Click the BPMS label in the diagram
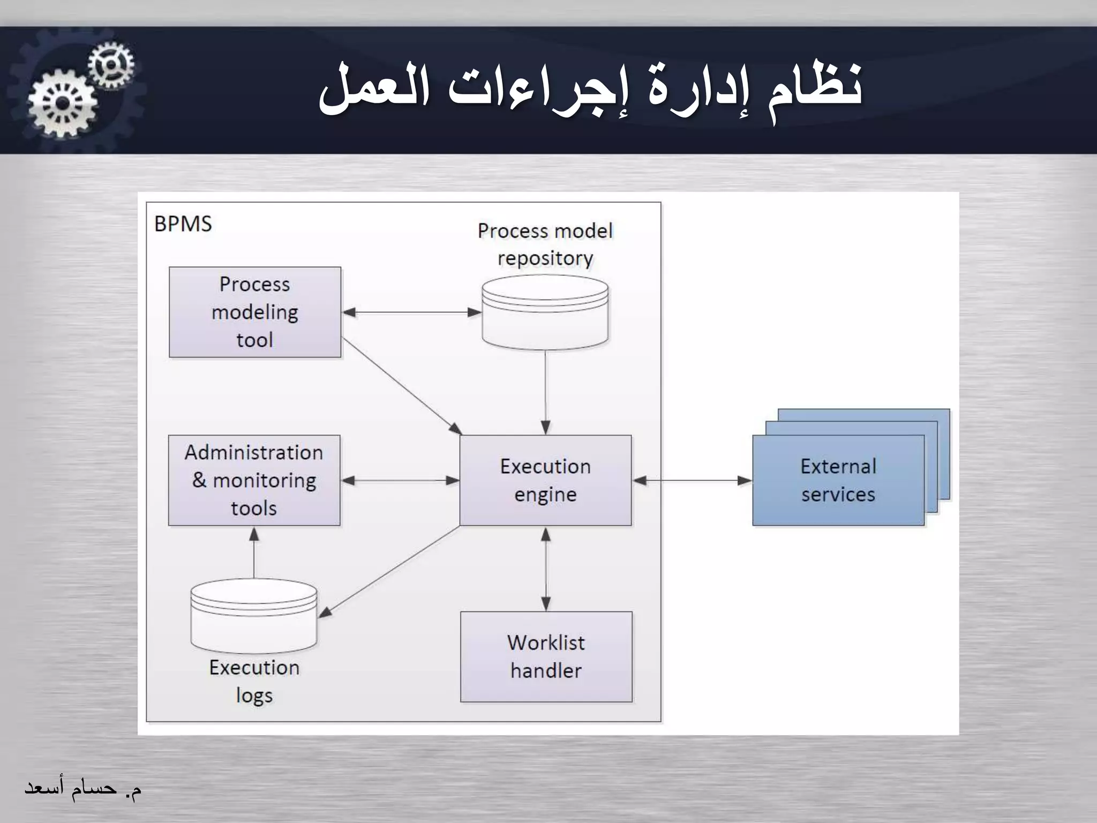point(183,224)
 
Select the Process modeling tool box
point(255,312)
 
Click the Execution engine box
point(545,480)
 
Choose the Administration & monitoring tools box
point(254,480)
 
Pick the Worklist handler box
point(546,656)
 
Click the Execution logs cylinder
point(254,616)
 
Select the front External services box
point(838,480)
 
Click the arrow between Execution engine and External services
point(692,481)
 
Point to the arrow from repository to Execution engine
point(545,391)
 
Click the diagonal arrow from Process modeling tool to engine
point(402,386)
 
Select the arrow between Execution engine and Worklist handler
point(546,568)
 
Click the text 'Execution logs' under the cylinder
point(254,681)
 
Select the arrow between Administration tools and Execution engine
point(400,481)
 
